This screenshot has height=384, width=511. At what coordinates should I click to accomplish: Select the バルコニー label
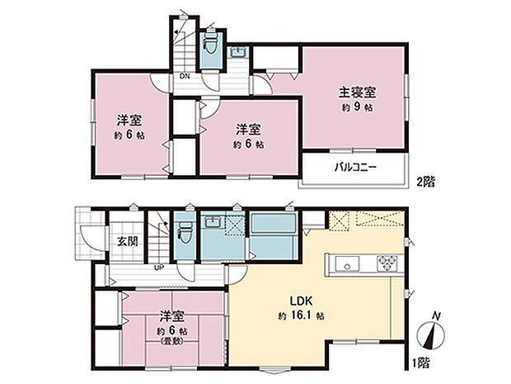[x=354, y=168]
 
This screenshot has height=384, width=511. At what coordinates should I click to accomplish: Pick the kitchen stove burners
[x=386, y=264]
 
